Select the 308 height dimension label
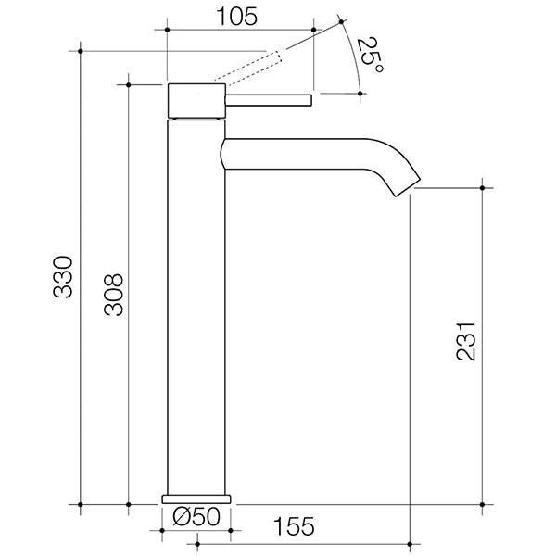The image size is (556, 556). click(112, 295)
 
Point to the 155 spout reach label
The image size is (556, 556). click(295, 526)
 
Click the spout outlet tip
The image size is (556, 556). click(408, 188)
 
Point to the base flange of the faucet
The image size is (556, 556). click(195, 498)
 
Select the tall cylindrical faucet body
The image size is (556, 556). click(196, 306)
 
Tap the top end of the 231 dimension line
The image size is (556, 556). click(483, 188)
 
